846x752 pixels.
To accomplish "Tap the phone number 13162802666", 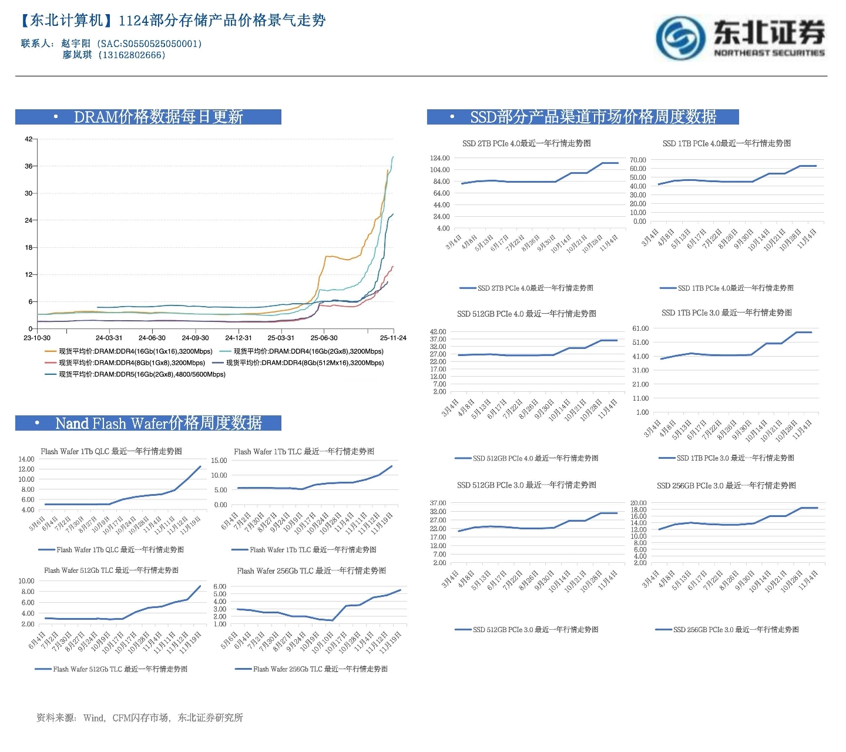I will [x=132, y=55].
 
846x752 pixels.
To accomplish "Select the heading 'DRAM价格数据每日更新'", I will [x=158, y=117].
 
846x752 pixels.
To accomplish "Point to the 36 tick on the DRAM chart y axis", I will [x=29, y=166].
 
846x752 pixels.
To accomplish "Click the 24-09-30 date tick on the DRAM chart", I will [x=195, y=338].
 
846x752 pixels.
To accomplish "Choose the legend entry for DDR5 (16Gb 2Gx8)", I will [x=142, y=374].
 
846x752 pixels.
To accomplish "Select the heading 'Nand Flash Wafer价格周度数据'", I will [x=158, y=423].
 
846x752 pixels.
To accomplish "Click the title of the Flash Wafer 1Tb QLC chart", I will [x=112, y=451].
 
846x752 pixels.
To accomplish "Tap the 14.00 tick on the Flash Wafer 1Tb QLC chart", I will [x=26, y=459].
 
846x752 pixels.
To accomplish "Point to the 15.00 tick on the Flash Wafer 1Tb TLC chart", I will [x=219, y=461].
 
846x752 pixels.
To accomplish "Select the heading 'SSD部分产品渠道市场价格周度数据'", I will [x=593, y=117].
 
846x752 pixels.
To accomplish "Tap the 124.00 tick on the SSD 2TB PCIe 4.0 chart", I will [x=439, y=158].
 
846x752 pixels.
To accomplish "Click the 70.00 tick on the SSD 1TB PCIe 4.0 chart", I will [x=638, y=160].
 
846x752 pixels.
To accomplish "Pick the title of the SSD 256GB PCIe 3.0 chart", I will [x=726, y=485].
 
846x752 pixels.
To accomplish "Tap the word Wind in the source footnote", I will [x=93, y=717].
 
